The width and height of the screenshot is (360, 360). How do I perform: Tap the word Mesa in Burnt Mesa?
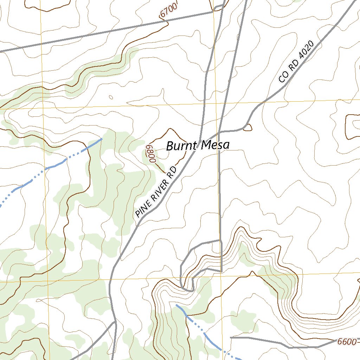click(x=214, y=145)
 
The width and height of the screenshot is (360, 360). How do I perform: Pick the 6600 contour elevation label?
click(x=346, y=341)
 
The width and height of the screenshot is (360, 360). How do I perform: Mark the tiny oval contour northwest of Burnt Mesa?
click(x=111, y=97)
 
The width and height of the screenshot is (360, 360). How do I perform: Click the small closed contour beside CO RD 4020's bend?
click(x=247, y=127)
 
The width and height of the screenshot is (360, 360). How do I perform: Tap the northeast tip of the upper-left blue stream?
click(x=102, y=139)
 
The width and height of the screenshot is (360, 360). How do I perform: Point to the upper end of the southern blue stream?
click(x=176, y=305)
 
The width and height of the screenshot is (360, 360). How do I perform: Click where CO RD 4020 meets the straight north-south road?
click(x=219, y=132)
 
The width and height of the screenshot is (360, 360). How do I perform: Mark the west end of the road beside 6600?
click(x=231, y=337)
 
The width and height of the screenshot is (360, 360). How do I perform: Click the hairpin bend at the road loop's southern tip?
click(x=188, y=290)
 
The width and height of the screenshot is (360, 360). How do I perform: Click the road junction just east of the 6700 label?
click(x=213, y=12)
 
